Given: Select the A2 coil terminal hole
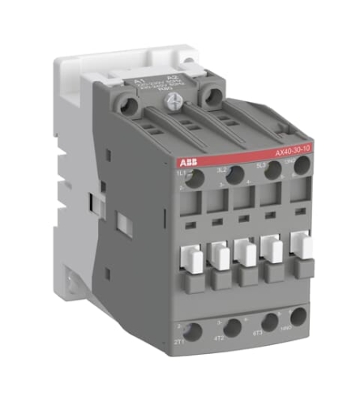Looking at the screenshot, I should [213, 97].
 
